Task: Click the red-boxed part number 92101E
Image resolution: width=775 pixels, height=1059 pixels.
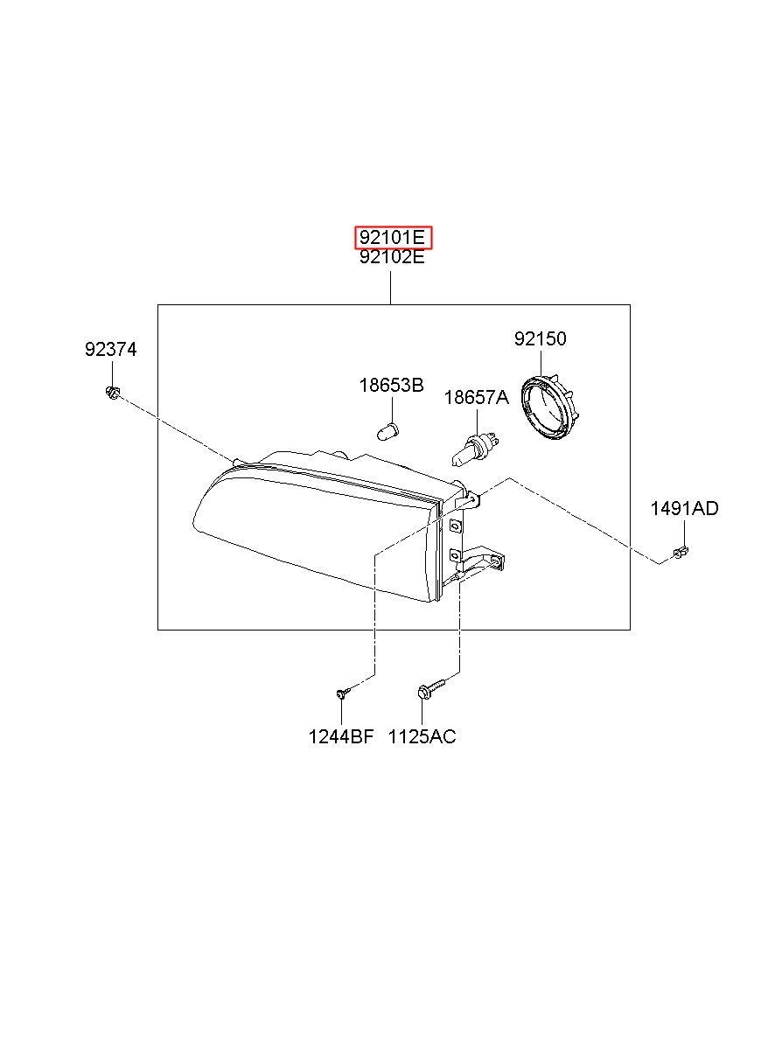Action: click(x=394, y=237)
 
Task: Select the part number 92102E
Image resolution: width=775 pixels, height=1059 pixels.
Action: click(x=392, y=257)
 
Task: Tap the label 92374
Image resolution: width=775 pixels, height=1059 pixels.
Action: click(x=110, y=350)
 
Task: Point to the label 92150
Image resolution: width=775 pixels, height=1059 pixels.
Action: click(x=540, y=339)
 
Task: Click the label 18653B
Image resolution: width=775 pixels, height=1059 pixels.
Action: click(x=392, y=386)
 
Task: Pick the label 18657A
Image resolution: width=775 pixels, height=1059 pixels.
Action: click(x=476, y=398)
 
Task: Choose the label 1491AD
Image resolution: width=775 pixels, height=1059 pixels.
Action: click(x=684, y=509)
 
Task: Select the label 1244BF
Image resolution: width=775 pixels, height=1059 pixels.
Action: click(x=341, y=736)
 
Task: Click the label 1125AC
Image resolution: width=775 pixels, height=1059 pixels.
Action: click(x=422, y=736)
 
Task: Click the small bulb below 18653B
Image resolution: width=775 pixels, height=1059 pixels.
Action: click(x=388, y=432)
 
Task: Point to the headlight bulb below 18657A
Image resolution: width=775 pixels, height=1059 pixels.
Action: click(x=475, y=449)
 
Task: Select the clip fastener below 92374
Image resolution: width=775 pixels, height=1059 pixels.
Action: click(x=112, y=393)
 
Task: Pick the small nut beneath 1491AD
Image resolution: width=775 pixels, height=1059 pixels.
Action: click(x=681, y=551)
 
